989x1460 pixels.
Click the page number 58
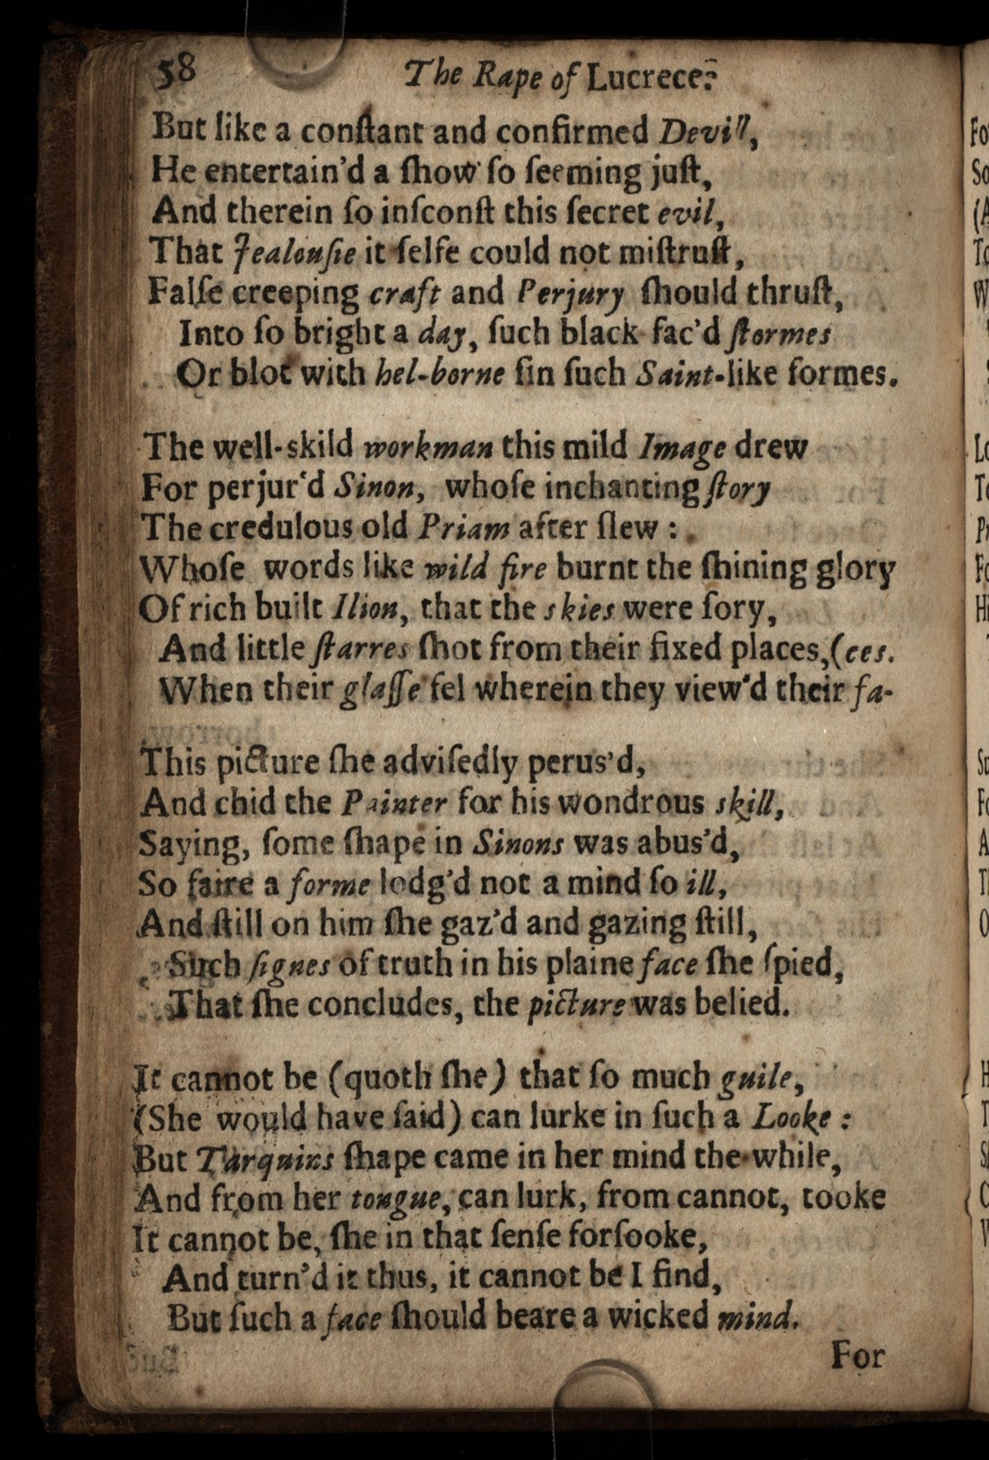click(x=176, y=70)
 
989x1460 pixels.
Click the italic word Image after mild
click(x=684, y=449)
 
